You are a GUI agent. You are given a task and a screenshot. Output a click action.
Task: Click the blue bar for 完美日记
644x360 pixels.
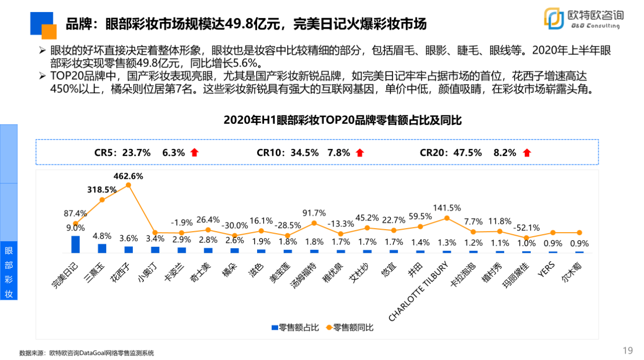[x=75, y=244]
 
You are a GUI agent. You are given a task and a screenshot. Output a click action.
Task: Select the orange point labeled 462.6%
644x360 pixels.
[x=128, y=185]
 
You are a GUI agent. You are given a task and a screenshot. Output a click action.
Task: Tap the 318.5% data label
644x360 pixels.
[x=102, y=190]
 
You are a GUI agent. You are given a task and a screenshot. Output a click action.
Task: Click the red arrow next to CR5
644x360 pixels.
[x=194, y=153]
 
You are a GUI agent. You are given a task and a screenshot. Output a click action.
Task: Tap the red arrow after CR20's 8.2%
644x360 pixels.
[x=526, y=153]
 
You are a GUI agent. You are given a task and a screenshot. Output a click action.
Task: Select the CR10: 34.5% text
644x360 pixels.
[x=287, y=153]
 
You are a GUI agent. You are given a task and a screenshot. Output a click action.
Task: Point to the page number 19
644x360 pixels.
[x=627, y=350]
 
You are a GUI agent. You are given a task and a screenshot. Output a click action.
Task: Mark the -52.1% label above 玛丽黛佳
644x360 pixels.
[x=526, y=227]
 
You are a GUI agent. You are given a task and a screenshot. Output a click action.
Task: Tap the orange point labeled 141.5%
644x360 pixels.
[x=447, y=218]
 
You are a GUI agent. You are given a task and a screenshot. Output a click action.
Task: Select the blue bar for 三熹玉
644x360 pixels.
[x=102, y=248]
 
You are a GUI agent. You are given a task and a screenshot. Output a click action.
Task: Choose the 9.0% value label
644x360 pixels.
[x=75, y=228]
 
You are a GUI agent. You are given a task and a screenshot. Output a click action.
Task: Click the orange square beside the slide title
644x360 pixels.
[x=49, y=31]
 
